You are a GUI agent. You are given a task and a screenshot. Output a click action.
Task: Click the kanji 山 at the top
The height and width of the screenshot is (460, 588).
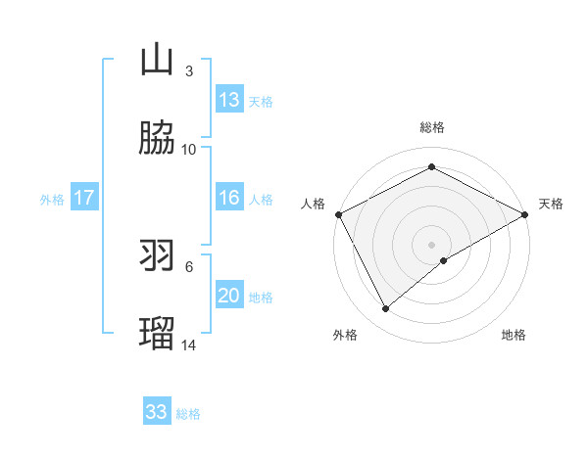[157, 60]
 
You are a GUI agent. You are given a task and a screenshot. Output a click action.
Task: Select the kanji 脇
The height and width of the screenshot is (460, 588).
[157, 138]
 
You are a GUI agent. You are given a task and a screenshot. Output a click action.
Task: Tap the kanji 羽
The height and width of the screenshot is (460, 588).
[157, 255]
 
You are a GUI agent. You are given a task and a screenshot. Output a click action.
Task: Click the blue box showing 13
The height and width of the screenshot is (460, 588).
[229, 100]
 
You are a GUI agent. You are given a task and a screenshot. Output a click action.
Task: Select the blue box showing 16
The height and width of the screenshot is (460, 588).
[229, 198]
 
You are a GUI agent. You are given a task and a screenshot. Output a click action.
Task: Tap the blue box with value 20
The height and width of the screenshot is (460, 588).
[229, 296]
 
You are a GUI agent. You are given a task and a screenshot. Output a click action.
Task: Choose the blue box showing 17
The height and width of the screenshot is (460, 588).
[84, 198]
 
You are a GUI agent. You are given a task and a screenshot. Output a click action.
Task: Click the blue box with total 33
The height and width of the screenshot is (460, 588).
[157, 412]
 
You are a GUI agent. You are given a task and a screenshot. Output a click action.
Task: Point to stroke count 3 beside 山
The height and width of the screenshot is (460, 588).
[189, 71]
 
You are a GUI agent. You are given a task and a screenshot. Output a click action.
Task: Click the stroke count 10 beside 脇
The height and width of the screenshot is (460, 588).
[189, 150]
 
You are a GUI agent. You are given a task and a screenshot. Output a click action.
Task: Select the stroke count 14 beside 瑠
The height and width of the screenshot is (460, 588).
[189, 345]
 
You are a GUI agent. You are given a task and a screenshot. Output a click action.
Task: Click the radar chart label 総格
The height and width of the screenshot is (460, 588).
[431, 127]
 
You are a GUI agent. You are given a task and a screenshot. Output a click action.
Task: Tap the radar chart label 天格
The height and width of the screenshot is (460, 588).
[552, 204]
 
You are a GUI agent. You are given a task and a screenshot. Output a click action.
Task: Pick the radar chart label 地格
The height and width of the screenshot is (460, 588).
[514, 336]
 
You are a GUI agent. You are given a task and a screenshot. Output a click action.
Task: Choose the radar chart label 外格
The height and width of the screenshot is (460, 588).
[345, 336]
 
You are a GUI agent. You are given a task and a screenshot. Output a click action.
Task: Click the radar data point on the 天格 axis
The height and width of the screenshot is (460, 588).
[525, 214]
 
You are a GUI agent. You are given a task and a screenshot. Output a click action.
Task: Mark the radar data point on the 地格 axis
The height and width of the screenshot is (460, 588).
[444, 260]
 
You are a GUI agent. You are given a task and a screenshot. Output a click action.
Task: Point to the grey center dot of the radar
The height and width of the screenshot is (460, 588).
[431, 244]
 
